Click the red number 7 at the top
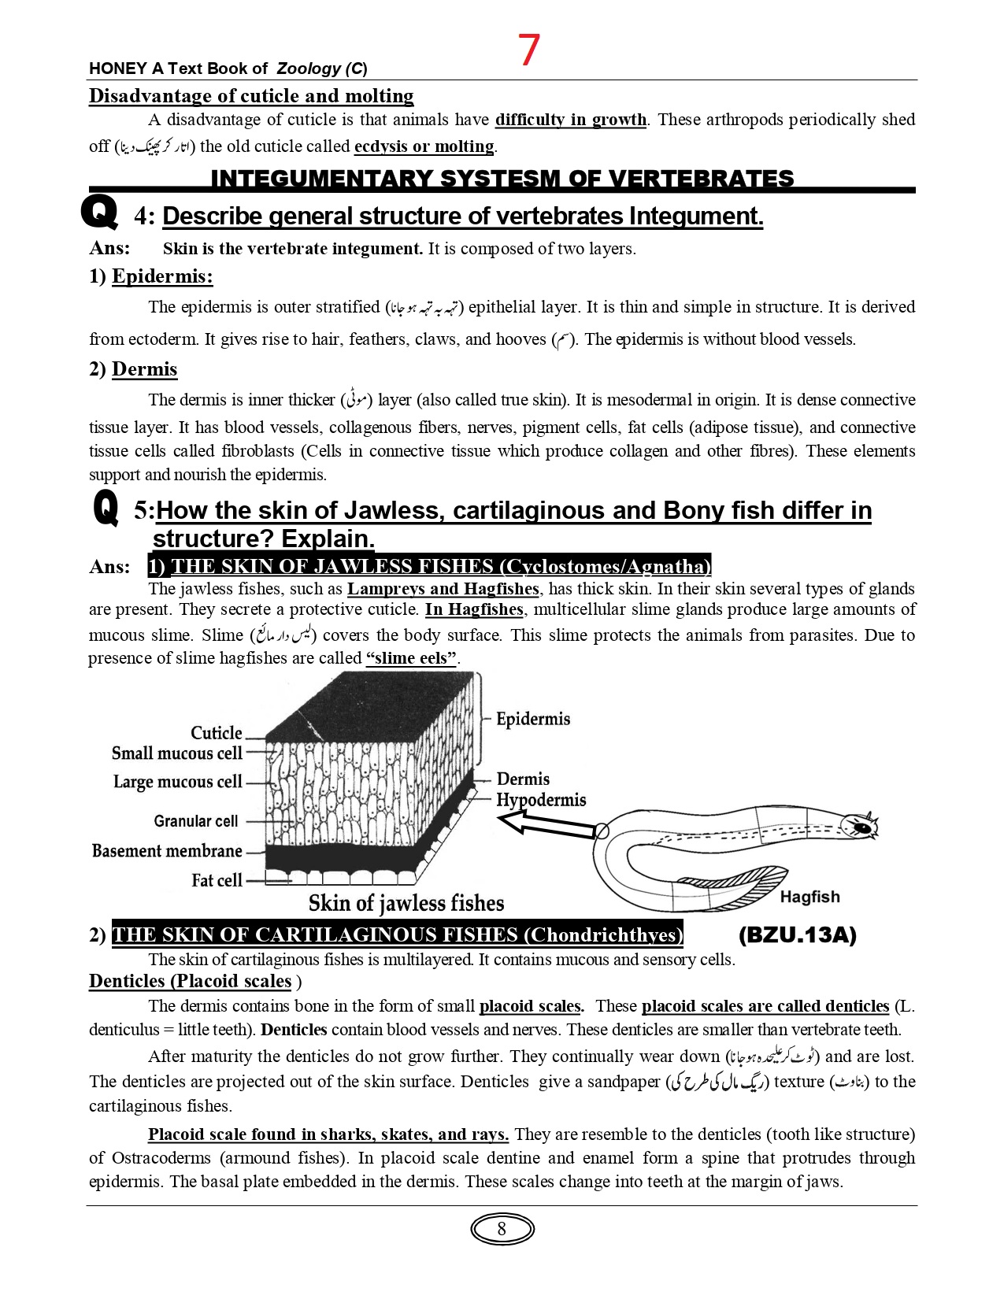(x=529, y=50)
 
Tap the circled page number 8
(x=502, y=1229)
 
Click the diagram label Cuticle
(x=216, y=733)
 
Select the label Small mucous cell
(x=177, y=753)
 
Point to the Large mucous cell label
(x=177, y=782)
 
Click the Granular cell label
(x=195, y=821)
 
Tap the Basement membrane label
(x=167, y=851)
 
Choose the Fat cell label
(x=217, y=880)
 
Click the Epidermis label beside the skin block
(x=533, y=719)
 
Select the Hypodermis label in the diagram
(x=541, y=800)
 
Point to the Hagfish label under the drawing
(x=809, y=897)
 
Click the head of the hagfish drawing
(x=859, y=827)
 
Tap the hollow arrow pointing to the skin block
(x=546, y=825)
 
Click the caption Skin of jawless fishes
(x=406, y=903)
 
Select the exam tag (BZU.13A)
(x=797, y=934)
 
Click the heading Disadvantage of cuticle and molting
(x=251, y=96)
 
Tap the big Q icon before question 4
(x=100, y=212)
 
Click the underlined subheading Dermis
(x=144, y=369)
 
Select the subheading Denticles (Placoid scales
(x=191, y=981)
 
